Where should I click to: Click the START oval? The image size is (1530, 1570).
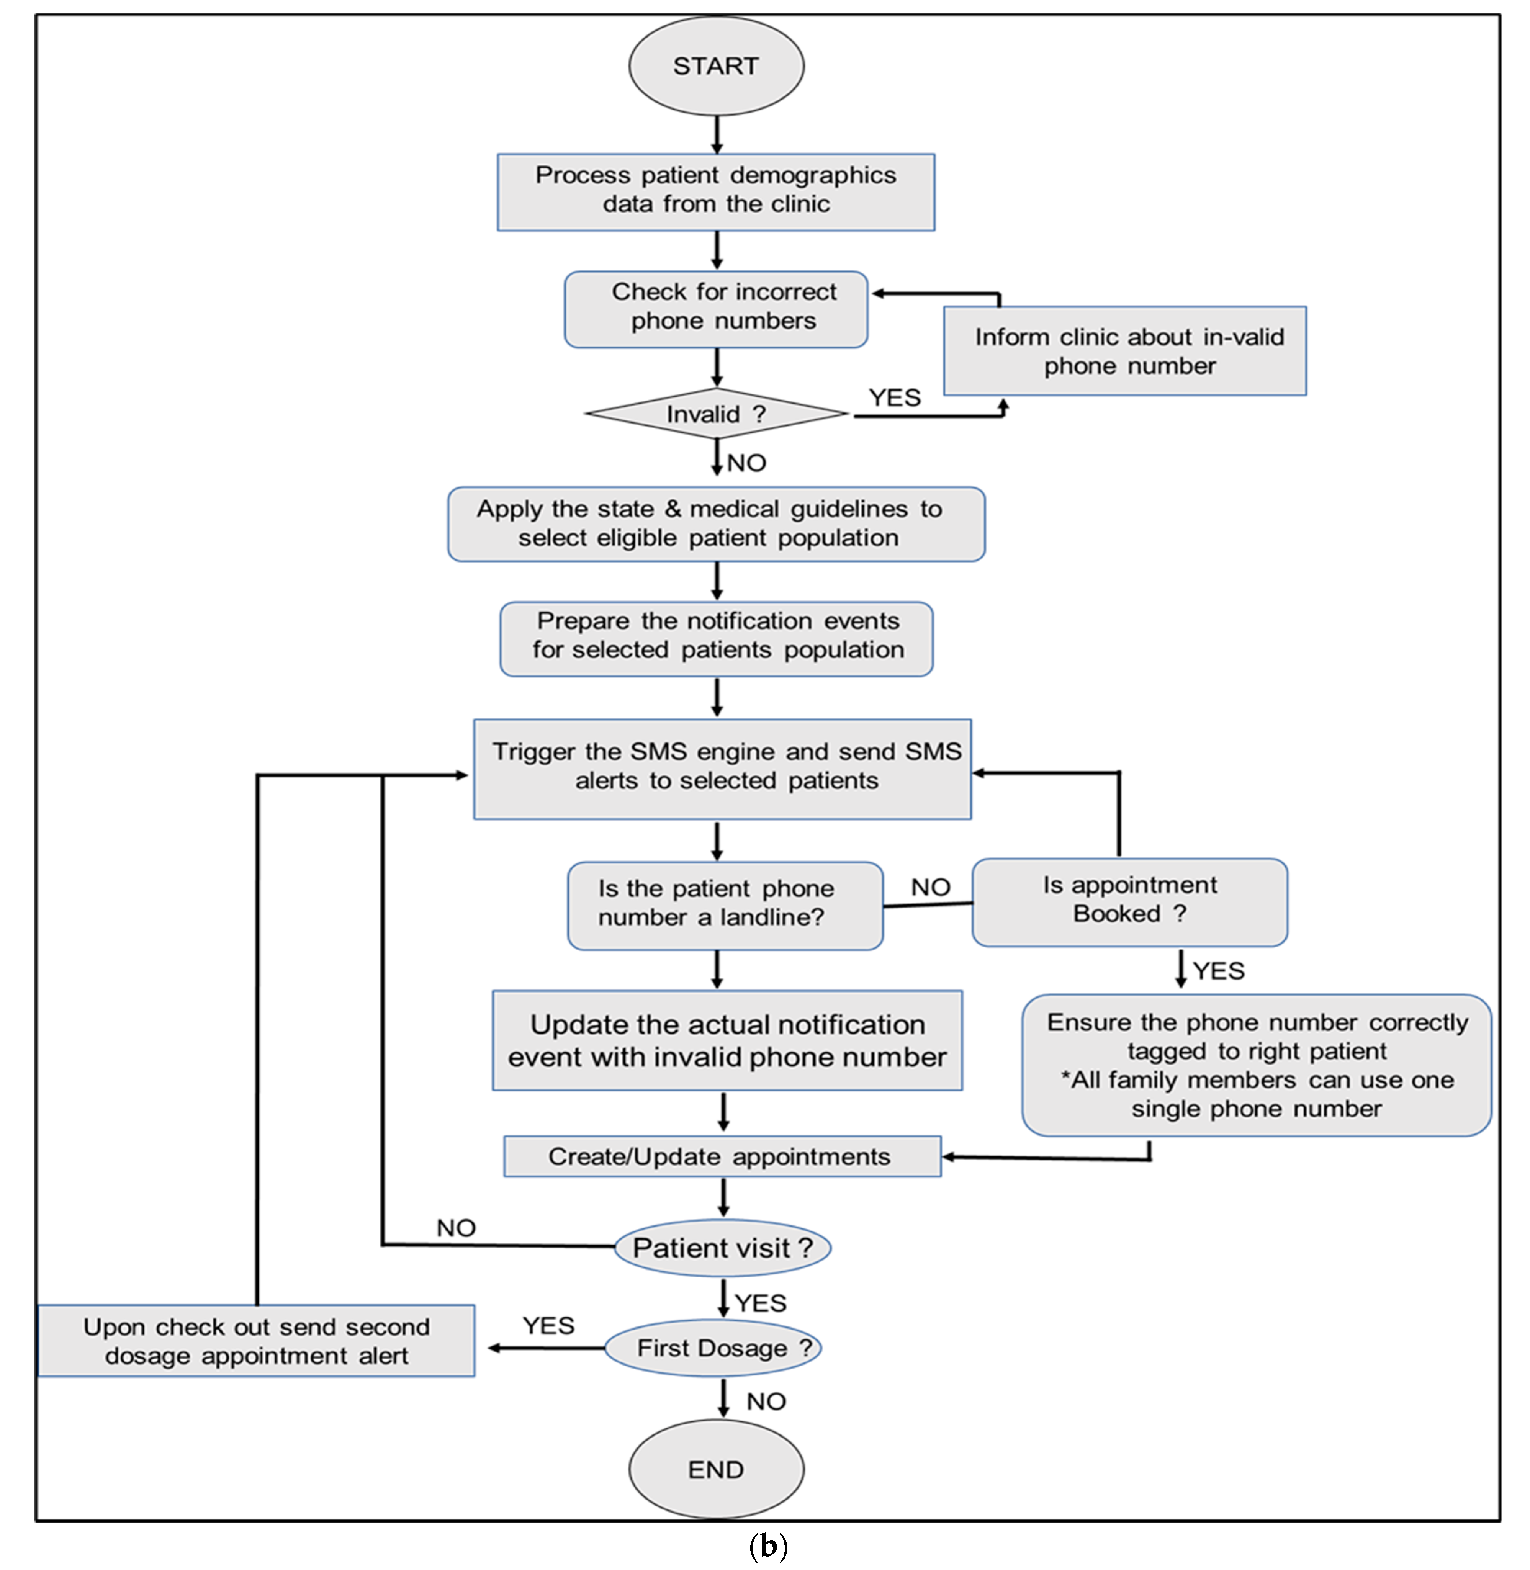click(x=716, y=66)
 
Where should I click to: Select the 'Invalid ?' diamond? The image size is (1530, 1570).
click(x=716, y=414)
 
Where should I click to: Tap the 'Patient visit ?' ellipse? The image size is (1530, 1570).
click(x=722, y=1248)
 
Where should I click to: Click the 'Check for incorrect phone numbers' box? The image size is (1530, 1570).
click(x=716, y=309)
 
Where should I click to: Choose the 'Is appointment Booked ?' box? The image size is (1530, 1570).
click(x=1129, y=901)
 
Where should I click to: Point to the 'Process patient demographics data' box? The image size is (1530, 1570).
click(x=716, y=192)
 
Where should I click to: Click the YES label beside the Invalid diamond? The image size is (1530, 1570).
click(x=894, y=398)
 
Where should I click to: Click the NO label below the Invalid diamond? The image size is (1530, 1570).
click(x=746, y=463)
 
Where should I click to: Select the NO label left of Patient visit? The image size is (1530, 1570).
click(x=456, y=1228)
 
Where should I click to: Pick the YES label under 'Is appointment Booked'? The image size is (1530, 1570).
click(x=1218, y=971)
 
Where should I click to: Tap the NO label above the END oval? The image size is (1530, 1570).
click(x=766, y=1401)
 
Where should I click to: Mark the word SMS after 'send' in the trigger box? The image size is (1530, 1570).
click(x=933, y=751)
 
